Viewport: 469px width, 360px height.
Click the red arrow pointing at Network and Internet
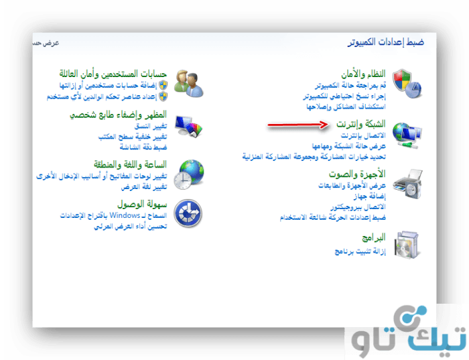pos(298,125)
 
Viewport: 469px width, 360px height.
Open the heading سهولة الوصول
pos(142,204)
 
